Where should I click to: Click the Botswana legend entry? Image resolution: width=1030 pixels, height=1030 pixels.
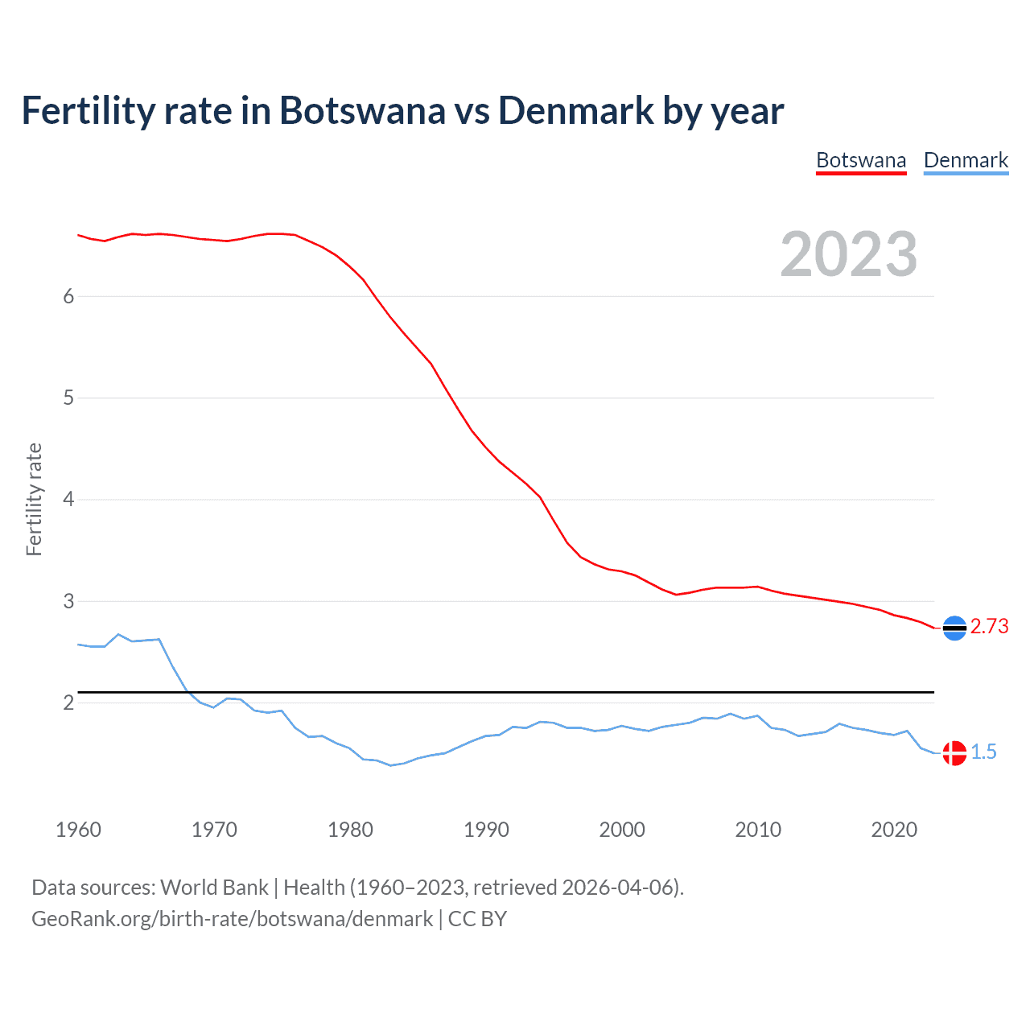tap(861, 160)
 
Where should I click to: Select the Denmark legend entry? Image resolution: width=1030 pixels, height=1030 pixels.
tap(966, 160)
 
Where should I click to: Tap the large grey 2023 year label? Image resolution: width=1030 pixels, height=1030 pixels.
tap(848, 254)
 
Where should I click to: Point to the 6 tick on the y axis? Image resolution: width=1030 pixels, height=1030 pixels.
tap(68, 296)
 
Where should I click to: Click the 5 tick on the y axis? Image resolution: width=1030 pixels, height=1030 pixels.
tap(68, 398)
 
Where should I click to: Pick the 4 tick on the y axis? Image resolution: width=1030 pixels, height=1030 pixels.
tap(68, 500)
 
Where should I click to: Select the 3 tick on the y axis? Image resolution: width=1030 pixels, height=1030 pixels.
tap(68, 601)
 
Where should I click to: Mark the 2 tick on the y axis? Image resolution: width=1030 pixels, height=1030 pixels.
tap(68, 702)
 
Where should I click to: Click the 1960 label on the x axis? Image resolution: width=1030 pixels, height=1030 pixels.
tap(78, 830)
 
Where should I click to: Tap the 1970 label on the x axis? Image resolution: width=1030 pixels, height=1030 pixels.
tap(214, 830)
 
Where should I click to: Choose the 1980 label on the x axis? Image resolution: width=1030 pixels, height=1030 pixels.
tap(350, 830)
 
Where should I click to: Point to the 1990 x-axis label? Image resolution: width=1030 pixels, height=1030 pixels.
tap(486, 830)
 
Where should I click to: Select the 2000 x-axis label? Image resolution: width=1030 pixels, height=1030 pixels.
tap(622, 830)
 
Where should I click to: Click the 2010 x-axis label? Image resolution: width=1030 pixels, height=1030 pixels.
tap(758, 830)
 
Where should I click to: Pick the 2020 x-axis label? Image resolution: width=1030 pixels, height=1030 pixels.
tap(894, 830)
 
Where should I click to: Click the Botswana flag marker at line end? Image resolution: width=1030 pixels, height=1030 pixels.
tap(954, 628)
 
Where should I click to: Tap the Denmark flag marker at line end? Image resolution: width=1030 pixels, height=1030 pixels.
tap(954, 753)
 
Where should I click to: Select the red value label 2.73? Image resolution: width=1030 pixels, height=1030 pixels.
tap(989, 626)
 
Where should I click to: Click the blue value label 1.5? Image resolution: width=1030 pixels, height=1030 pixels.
tap(983, 752)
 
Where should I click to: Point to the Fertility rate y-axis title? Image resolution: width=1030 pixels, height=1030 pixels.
tap(34, 499)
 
